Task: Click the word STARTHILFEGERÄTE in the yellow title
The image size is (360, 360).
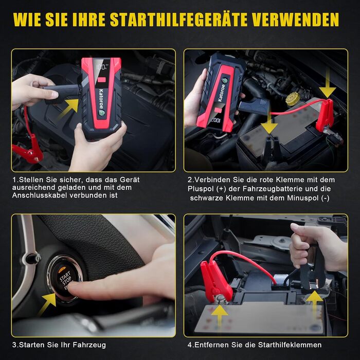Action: coord(178,20)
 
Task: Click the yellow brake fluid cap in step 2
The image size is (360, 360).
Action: coord(293,99)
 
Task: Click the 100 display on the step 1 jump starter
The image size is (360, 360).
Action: coord(101,67)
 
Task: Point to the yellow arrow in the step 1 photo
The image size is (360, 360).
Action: coord(69,108)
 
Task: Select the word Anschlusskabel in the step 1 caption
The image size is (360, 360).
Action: coord(40,195)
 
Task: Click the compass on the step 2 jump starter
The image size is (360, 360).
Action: coord(225,81)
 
